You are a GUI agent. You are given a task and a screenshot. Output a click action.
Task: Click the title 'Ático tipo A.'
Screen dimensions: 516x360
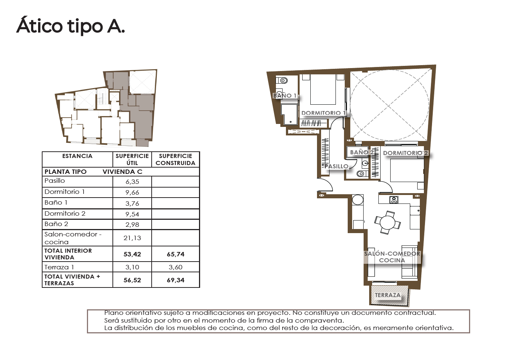71,26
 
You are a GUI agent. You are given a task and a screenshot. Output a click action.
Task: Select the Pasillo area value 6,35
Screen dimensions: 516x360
132,182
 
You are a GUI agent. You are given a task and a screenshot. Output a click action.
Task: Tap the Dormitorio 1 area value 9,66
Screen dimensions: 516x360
132,192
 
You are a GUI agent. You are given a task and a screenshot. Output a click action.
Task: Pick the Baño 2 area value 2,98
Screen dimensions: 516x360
132,225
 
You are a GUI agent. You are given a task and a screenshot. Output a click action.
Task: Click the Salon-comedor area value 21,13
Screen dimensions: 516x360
132,238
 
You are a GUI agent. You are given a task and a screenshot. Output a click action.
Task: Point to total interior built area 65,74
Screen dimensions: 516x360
176,254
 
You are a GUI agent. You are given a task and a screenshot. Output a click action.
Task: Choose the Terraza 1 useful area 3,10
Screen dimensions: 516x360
132,267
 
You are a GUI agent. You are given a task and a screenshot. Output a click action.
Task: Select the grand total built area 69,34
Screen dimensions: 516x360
176,280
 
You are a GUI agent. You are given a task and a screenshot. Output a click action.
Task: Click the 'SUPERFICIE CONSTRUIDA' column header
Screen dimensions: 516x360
176,159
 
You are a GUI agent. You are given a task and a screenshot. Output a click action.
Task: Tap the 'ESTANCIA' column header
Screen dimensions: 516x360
77,156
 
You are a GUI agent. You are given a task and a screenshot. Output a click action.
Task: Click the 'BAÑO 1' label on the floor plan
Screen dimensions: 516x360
285,95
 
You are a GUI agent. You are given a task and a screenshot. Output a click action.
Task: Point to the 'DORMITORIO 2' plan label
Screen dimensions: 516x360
405,153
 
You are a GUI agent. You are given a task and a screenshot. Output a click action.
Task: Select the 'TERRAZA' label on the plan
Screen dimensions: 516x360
388,295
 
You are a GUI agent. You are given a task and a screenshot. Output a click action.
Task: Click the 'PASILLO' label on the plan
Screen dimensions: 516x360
336,166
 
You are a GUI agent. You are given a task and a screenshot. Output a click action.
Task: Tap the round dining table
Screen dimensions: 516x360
388,223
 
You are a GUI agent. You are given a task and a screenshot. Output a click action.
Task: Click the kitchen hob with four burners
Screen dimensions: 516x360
394,200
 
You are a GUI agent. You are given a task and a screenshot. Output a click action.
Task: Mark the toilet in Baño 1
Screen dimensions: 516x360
282,81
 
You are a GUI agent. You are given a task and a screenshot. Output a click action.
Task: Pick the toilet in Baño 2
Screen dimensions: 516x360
362,173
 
